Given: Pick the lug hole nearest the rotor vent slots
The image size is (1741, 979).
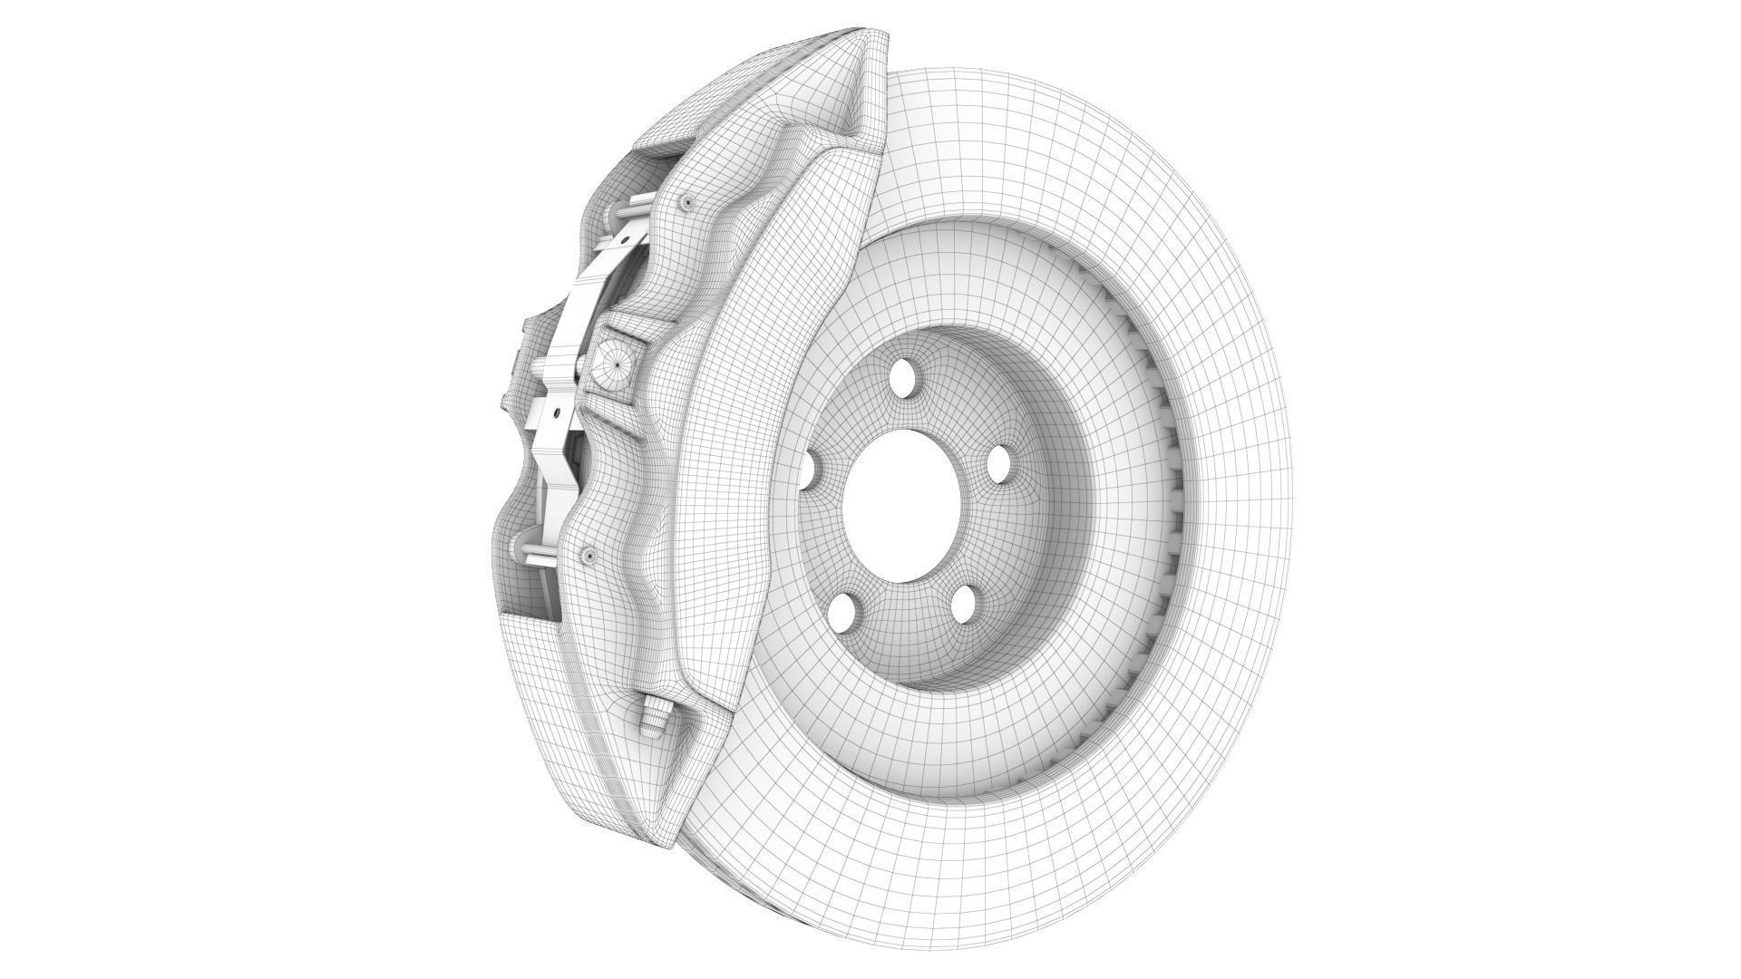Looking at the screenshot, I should (998, 464).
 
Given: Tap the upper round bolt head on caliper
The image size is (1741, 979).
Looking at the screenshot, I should (686, 202).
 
